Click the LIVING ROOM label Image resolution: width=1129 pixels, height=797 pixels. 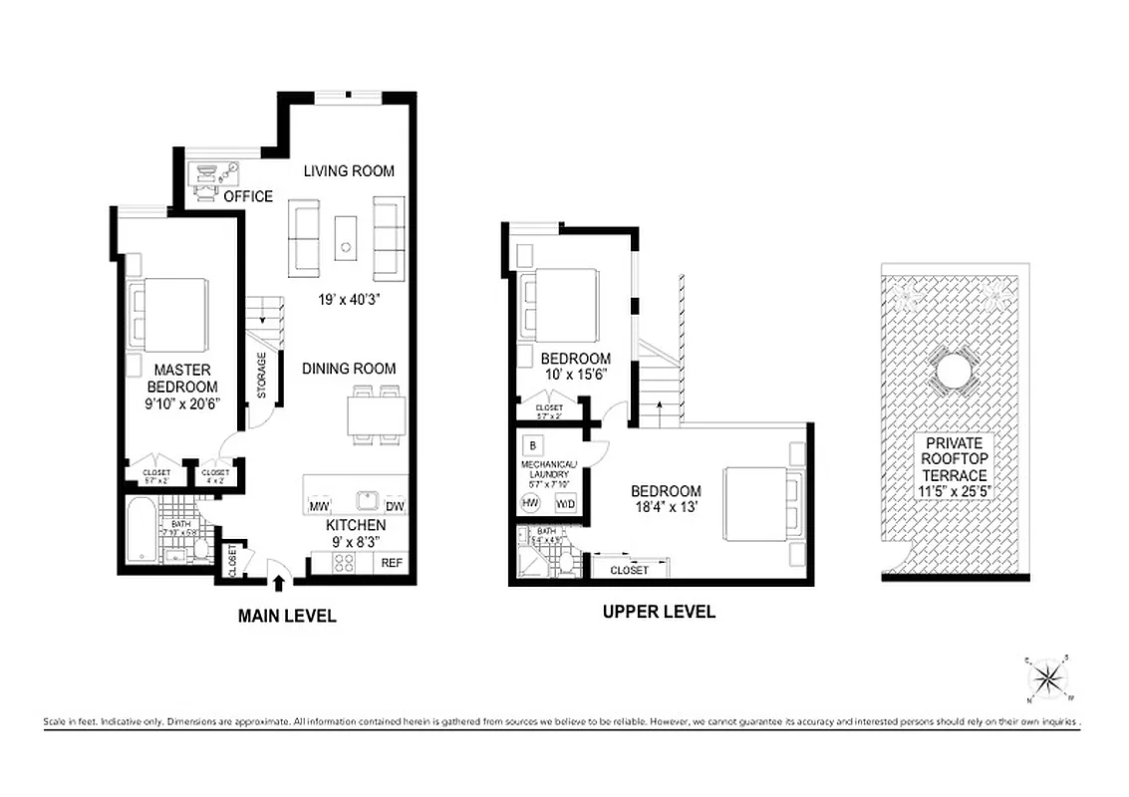(x=349, y=171)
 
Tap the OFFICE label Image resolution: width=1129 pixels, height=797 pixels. (x=248, y=196)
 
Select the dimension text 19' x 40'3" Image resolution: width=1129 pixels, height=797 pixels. (x=348, y=299)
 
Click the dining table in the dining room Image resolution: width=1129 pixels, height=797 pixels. (x=377, y=414)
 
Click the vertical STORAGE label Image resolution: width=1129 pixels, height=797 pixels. (x=262, y=376)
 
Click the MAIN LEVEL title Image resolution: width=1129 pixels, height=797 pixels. (x=287, y=617)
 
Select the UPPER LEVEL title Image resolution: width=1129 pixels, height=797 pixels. (x=659, y=612)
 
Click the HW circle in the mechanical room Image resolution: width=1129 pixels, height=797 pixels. (x=531, y=503)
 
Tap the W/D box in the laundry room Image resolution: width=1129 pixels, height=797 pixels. (x=565, y=503)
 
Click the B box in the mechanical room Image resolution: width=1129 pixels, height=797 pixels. (x=533, y=444)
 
